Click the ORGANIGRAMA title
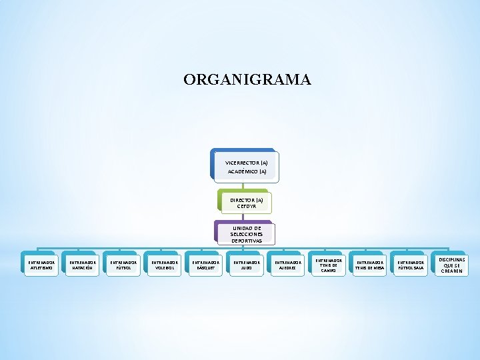pos(247,80)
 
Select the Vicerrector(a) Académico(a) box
pos(246,167)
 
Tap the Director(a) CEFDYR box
pos(246,203)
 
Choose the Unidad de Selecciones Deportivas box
pos(246,234)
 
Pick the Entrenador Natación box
pos(83,265)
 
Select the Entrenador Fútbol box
pos(124,265)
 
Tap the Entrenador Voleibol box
pos(164,265)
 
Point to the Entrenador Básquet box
pos(205,265)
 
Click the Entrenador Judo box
pos(246,265)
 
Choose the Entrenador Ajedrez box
pos(287,265)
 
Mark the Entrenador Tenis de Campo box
pos(329,265)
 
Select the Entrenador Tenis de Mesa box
pos(369,265)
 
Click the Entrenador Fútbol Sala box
pos(410,265)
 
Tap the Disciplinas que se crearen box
pos(452,265)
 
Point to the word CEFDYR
pos(247,207)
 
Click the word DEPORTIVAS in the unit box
pos(247,241)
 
